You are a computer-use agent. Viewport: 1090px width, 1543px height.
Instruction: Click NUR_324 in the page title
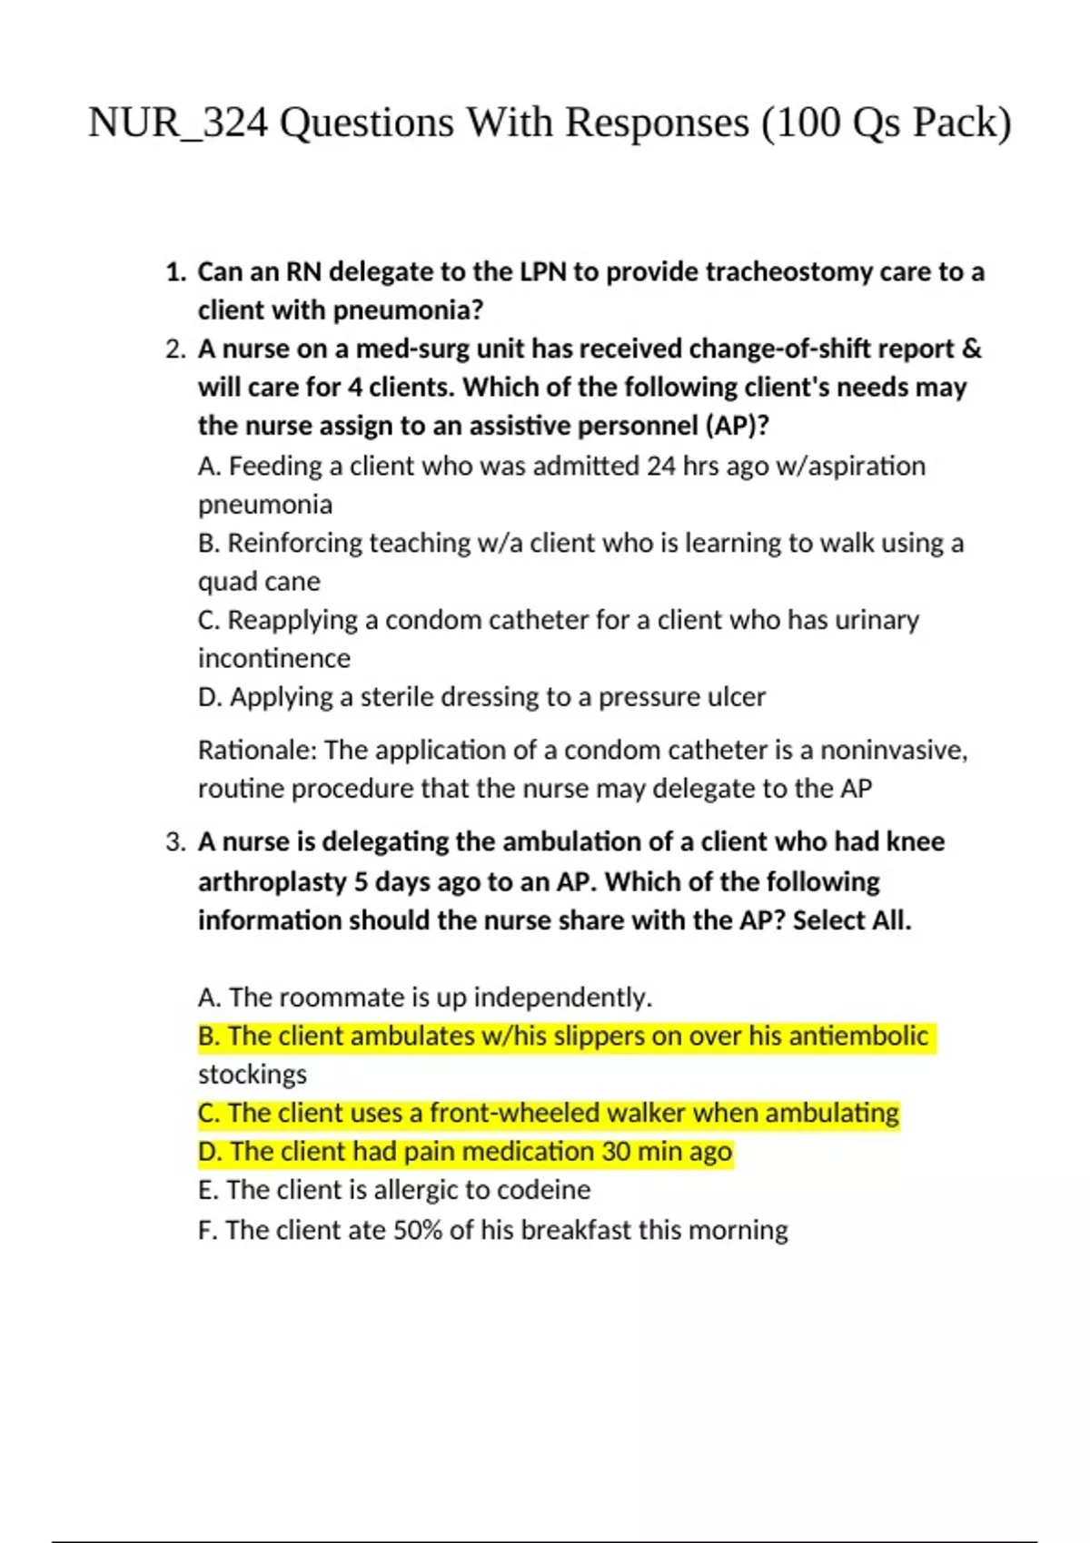point(178,123)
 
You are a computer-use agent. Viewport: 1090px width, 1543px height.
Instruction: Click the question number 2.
point(175,349)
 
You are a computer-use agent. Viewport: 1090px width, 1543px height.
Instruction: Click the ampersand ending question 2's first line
point(971,349)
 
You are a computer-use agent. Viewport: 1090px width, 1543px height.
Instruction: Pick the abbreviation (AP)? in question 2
point(737,426)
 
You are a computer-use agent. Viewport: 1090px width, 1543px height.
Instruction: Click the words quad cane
point(259,582)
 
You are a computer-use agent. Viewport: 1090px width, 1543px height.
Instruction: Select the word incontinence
point(274,658)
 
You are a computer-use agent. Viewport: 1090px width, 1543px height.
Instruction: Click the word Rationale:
point(257,751)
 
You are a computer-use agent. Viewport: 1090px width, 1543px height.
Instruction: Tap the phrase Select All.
point(852,920)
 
